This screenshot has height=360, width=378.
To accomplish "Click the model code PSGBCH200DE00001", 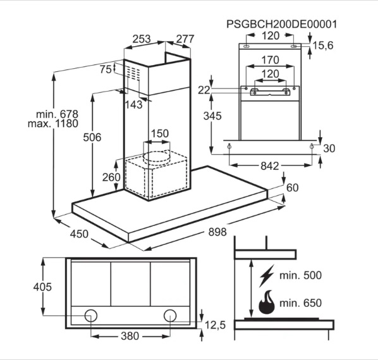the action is [281, 24].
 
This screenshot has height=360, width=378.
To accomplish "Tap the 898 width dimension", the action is [217, 232].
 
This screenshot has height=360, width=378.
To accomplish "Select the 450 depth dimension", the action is [79, 234].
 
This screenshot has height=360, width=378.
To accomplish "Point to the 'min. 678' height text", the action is [57, 114].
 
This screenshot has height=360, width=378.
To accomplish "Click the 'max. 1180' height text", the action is [53, 124].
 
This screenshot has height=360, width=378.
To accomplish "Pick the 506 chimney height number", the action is [92, 137].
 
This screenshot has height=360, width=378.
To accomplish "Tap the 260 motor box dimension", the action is [111, 177].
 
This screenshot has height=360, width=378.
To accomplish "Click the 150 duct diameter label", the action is [160, 133].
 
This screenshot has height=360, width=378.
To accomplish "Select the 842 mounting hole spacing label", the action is [270, 166].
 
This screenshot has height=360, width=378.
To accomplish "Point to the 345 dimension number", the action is [212, 116].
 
